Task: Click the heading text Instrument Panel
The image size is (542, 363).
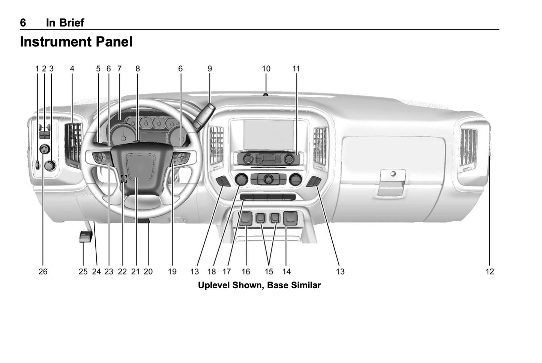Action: [x=76, y=42]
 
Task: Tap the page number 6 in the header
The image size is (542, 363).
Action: [x=23, y=23]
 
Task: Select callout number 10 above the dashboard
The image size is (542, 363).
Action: [x=266, y=69]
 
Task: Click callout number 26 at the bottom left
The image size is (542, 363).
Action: [x=43, y=271]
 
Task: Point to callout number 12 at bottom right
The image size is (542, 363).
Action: [x=490, y=271]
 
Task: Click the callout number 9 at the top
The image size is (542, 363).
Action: [x=210, y=69]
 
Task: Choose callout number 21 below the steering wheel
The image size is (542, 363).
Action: [x=135, y=271]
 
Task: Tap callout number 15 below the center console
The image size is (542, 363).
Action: [x=269, y=271]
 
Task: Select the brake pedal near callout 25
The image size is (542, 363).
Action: [x=86, y=237]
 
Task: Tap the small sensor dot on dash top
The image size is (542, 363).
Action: [x=266, y=95]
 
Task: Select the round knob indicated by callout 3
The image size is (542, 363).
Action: [x=49, y=165]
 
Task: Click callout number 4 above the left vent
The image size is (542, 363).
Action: [x=72, y=69]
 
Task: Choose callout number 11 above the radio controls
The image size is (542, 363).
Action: [x=296, y=69]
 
